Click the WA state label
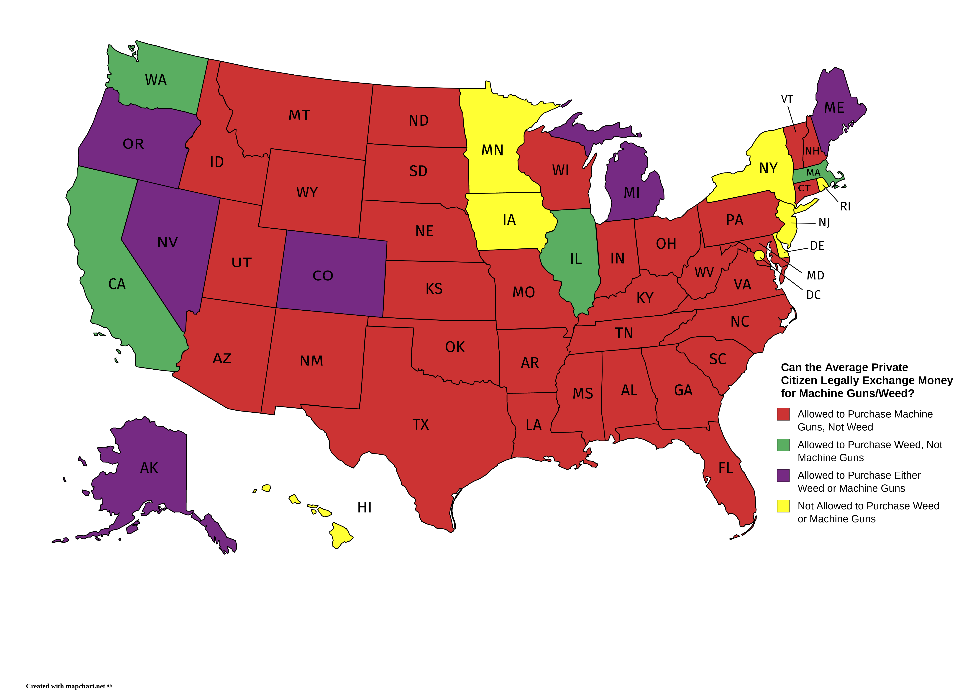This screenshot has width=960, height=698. tap(156, 80)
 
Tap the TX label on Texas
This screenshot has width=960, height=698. tap(421, 425)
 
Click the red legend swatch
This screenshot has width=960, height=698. tap(783, 414)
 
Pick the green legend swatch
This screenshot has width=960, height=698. tap(783, 445)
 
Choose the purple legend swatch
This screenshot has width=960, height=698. tap(783, 475)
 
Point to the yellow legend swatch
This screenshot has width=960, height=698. tap(783, 506)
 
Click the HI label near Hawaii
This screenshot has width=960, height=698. tap(365, 507)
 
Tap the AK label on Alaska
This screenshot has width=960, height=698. tap(149, 468)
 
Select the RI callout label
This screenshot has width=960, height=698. tap(845, 207)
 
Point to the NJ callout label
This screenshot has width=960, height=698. tap(824, 223)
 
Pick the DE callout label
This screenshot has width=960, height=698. tap(817, 246)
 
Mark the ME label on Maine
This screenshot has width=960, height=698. tap(834, 108)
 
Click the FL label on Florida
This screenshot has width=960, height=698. tap(726, 468)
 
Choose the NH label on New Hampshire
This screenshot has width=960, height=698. tap(812, 151)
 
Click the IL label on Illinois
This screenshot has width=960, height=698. tap(576, 259)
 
